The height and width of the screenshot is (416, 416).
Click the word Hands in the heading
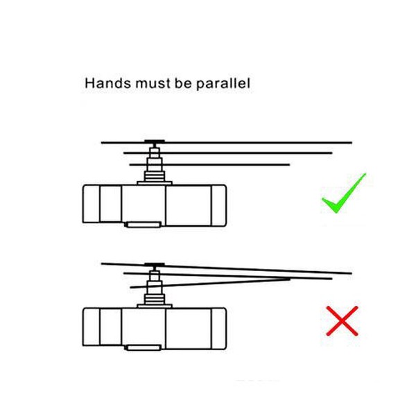coord(108,83)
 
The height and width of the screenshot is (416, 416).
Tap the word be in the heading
coord(183,83)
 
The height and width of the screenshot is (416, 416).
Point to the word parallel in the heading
coord(223,84)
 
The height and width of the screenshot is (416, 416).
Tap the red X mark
coord(342,321)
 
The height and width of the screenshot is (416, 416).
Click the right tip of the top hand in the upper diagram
coord(352,143)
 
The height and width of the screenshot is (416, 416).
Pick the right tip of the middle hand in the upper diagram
coord(332,153)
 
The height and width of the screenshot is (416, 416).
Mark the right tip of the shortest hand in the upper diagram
coord(290,165)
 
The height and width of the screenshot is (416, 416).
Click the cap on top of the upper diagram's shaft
coord(155,141)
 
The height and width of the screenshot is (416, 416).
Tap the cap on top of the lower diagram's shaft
coord(155,265)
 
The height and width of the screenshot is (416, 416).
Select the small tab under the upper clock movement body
coord(144,225)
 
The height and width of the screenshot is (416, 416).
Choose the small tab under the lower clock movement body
coord(144,347)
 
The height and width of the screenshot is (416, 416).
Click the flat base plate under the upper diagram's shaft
coord(155,183)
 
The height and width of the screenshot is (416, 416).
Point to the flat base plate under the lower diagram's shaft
coord(155,306)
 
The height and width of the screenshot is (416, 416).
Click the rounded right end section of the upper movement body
coord(219,206)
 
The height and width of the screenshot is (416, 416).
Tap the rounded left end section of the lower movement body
coord(92,327)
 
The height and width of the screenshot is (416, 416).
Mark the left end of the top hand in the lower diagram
coord(102,263)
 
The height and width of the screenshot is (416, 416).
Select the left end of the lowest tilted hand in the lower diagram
coord(130,287)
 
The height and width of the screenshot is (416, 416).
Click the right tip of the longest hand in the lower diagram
coord(352,273)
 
